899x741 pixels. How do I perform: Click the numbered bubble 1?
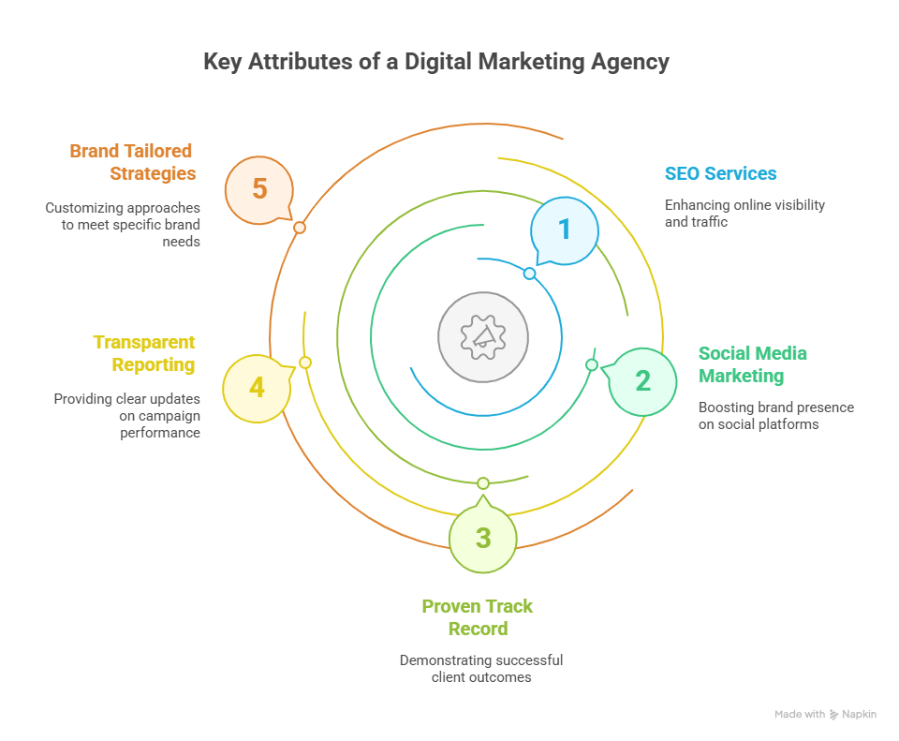click(565, 230)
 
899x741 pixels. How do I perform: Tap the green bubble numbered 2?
click(641, 381)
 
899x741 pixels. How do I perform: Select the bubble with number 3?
click(483, 537)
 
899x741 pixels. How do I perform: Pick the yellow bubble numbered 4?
click(258, 388)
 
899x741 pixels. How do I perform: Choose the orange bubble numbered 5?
click(259, 190)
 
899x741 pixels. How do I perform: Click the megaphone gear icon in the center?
click(483, 337)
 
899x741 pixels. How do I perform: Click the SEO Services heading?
click(721, 173)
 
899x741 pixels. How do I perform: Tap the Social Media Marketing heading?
click(752, 364)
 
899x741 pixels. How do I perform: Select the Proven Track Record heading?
click(478, 617)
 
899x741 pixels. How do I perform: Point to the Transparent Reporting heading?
click(144, 353)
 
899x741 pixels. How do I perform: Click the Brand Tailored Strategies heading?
click(133, 162)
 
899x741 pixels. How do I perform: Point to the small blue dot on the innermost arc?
click(530, 274)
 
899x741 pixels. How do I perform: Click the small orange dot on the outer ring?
click(300, 228)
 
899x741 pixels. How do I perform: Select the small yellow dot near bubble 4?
click(305, 363)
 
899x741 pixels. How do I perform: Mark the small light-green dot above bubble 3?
click(483, 482)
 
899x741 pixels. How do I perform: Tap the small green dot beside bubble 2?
click(592, 364)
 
